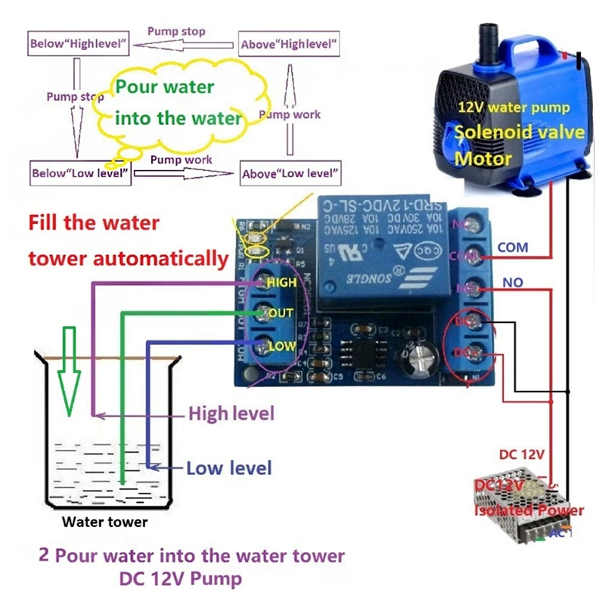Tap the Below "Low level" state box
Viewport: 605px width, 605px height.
tap(80, 172)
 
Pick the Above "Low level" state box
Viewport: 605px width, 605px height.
tap(290, 173)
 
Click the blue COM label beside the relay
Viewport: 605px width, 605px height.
tap(513, 247)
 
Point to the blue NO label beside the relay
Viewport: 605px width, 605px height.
tap(513, 282)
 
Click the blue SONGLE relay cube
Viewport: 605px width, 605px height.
tap(383, 253)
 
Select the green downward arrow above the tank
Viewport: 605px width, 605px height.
tap(69, 371)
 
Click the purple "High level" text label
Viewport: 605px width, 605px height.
tap(231, 414)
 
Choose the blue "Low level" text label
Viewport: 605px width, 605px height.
tap(228, 468)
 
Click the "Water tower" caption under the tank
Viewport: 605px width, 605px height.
tap(105, 522)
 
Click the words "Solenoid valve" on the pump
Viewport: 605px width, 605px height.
tap(519, 132)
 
